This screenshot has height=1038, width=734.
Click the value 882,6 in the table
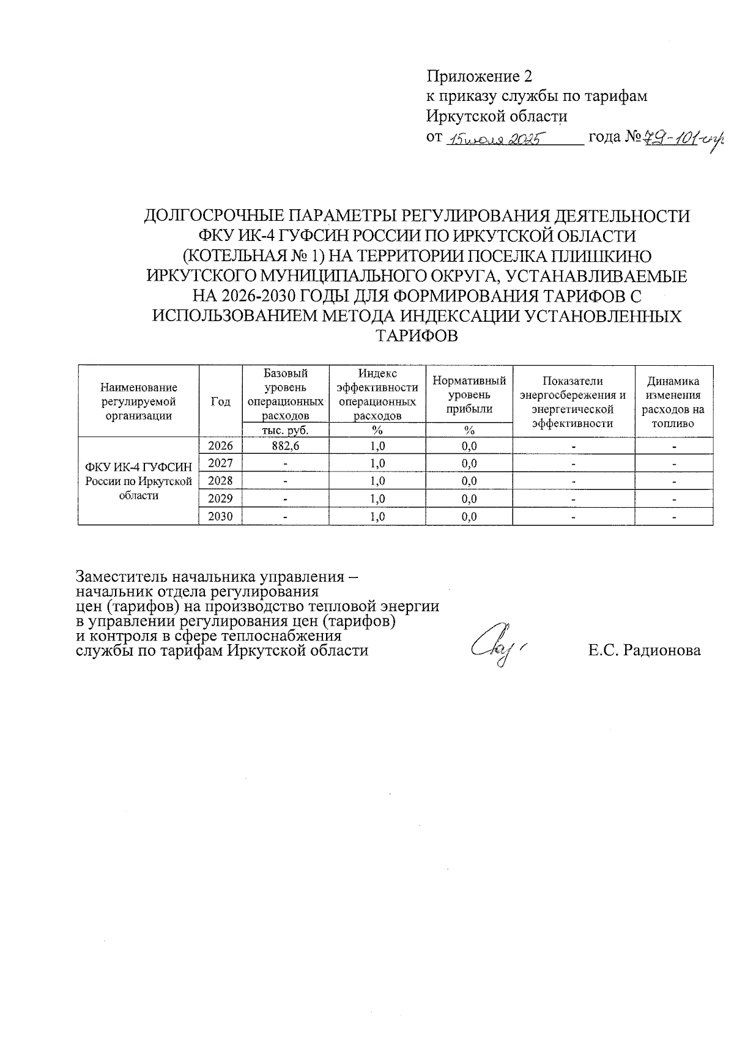[286, 446]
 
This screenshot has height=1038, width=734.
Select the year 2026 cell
[221, 446]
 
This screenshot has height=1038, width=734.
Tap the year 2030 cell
[221, 517]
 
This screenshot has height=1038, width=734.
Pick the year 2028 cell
[221, 481]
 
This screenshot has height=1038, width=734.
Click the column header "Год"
[221, 401]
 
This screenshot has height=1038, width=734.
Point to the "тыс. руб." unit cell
[286, 430]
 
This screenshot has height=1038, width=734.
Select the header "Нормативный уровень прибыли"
[469, 395]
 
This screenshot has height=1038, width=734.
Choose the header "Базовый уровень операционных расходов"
[286, 395]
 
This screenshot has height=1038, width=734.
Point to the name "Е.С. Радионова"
[645, 650]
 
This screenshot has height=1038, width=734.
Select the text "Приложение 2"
[480, 76]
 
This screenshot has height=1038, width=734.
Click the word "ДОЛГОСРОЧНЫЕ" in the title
[213, 217]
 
